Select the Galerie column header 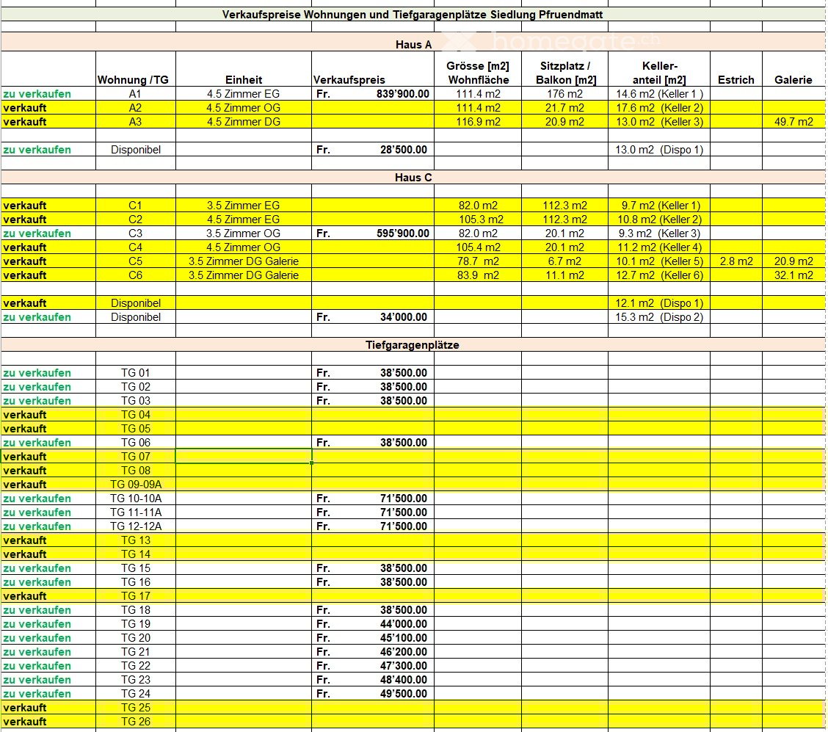pos(793,80)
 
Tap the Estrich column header pos(736,80)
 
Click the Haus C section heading pos(413,178)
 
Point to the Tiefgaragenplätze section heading pos(413,345)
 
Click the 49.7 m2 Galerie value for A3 pos(793,122)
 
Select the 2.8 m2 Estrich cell pos(736,261)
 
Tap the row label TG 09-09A pos(136,485)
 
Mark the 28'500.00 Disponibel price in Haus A pos(401,150)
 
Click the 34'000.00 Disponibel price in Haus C pos(401,317)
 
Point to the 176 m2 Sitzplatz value pos(565,94)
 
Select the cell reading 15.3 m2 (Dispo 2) pos(658,317)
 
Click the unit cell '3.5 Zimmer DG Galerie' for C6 pos(244,275)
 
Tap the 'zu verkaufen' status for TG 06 pos(37,443)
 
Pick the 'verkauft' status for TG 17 pos(25,596)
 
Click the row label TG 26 pos(136,722)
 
